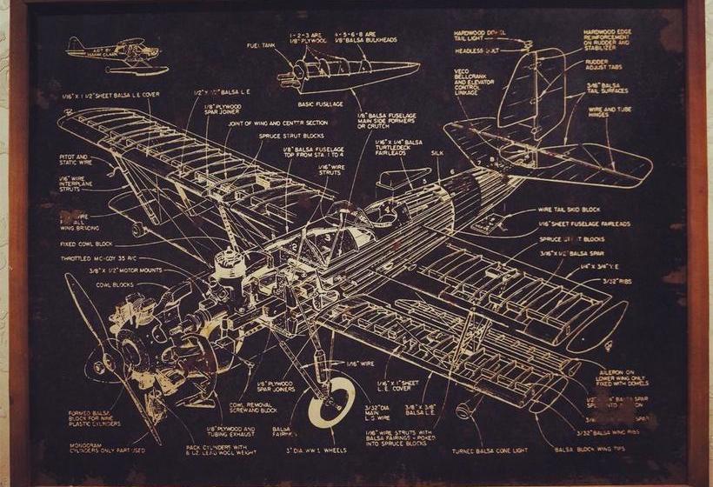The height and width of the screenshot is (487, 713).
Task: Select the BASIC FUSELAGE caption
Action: coord(320,103)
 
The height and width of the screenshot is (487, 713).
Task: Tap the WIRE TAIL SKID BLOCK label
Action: coord(569,210)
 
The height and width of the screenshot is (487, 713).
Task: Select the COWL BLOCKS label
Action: coord(115,284)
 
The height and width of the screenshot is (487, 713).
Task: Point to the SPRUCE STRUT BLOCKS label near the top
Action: coord(289,136)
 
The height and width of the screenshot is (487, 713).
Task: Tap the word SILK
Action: coord(436,152)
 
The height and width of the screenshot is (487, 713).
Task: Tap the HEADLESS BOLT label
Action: coord(476,50)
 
